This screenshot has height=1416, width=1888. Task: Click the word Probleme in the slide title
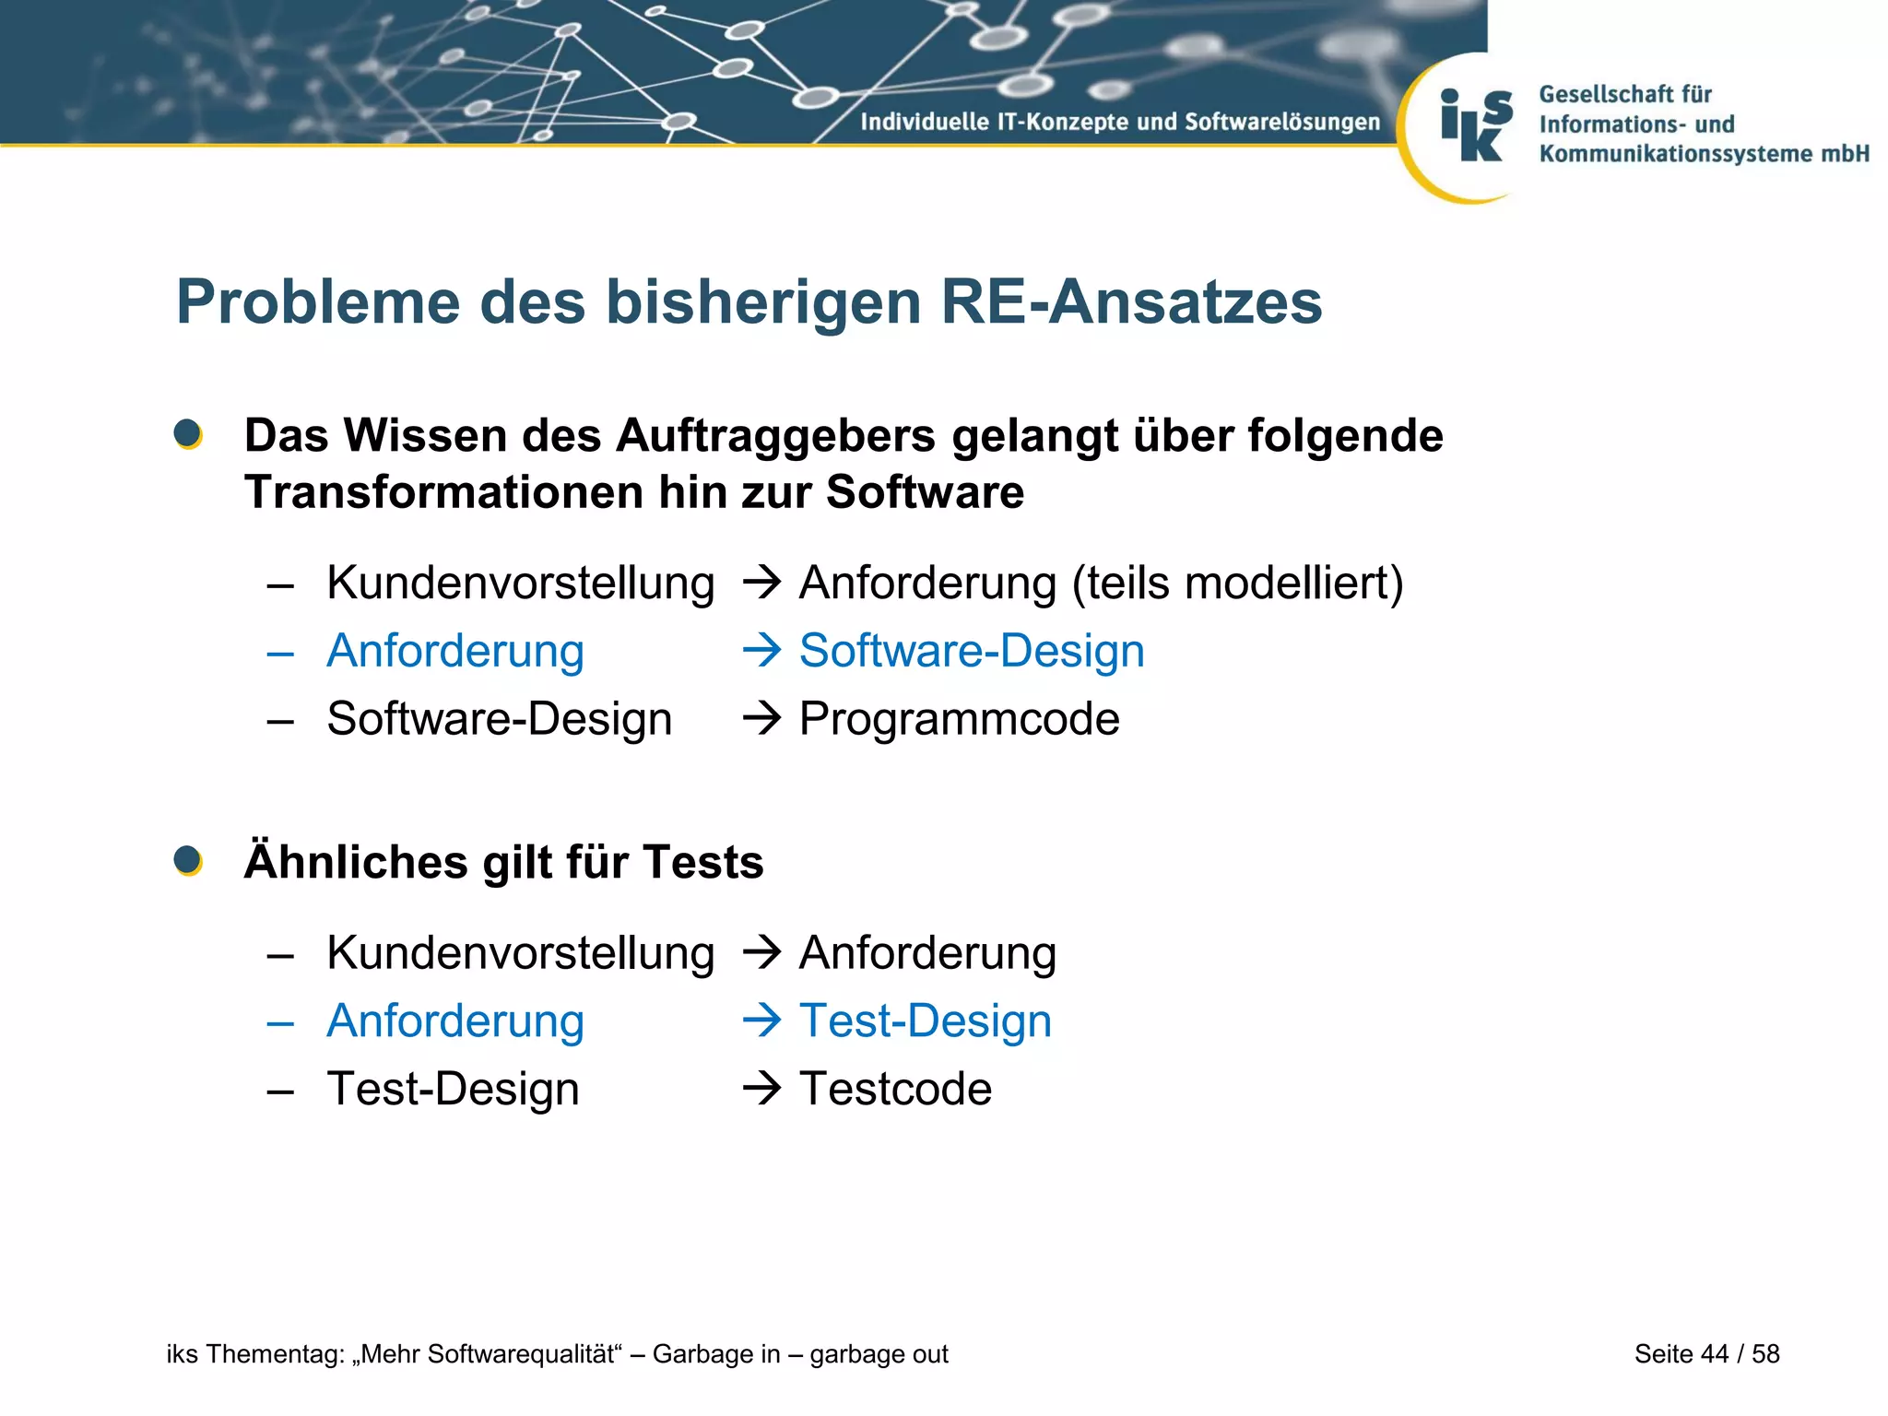[x=318, y=302]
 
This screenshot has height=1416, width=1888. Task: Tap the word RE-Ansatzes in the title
[x=1131, y=302]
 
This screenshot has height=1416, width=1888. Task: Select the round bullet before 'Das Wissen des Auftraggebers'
[x=188, y=434]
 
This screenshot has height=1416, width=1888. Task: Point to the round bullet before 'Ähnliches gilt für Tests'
[x=188, y=861]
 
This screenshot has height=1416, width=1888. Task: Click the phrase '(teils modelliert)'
[x=1237, y=584]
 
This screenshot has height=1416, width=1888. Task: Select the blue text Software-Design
[x=972, y=651]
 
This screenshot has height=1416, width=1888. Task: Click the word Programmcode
[x=959, y=719]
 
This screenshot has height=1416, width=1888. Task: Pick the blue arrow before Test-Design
[x=761, y=1021]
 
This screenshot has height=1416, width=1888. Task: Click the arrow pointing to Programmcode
[x=761, y=718]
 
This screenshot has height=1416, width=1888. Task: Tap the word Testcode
[x=895, y=1089]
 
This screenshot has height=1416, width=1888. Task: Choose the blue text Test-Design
[x=925, y=1021]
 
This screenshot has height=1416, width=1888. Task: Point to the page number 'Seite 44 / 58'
[x=1706, y=1353]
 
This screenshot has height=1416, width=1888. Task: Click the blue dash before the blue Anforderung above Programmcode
[x=280, y=654]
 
